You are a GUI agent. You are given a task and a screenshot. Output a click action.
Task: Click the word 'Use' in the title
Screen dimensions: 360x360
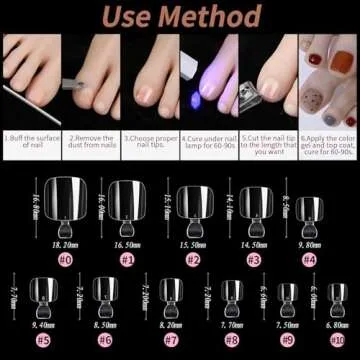125,18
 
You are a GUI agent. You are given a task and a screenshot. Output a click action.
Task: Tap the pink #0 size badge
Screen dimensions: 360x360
65,258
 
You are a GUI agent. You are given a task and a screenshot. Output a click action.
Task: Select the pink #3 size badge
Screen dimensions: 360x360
253,258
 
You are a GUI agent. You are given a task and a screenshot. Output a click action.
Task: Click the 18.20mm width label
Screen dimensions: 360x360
65,243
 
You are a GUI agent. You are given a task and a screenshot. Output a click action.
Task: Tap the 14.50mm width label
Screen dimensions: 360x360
253,243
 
